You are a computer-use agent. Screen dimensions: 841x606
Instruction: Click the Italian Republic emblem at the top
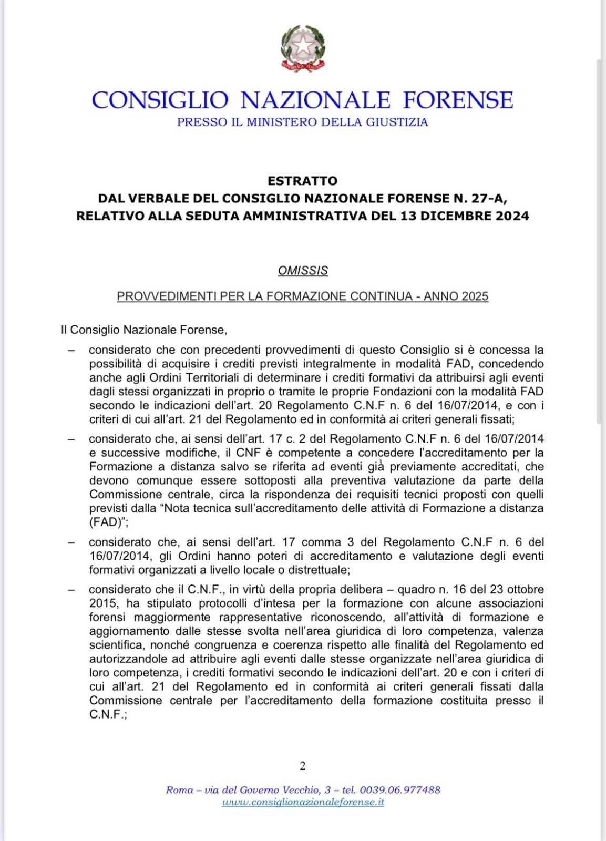(303, 48)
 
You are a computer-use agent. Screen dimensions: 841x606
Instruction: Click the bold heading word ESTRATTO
(302, 181)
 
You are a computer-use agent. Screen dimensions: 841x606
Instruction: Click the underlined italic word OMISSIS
(303, 271)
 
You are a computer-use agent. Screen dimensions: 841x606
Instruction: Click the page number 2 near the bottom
(303, 766)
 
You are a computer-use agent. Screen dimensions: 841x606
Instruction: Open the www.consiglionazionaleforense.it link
(303, 802)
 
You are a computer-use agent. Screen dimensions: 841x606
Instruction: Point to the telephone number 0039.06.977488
(400, 789)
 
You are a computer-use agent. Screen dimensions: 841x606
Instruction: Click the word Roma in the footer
(179, 789)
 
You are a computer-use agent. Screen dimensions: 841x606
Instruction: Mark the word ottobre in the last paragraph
(525, 589)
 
